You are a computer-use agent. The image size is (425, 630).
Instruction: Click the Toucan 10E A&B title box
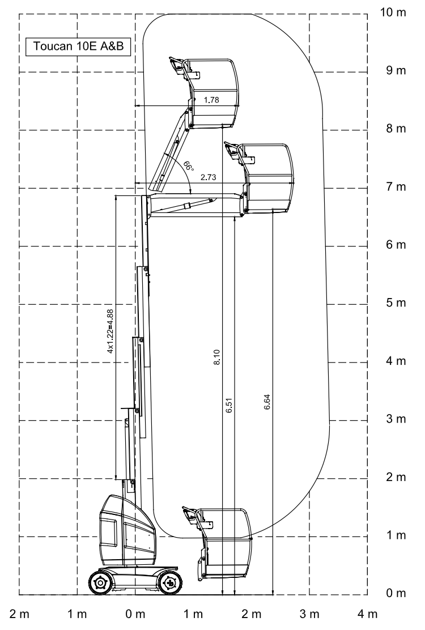click(78, 46)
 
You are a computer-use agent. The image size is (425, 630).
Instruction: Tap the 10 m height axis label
click(393, 12)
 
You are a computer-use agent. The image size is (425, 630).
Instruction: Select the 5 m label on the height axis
click(396, 303)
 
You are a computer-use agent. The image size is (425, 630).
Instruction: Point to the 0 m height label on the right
click(396, 593)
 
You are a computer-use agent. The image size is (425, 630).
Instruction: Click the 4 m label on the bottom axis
click(367, 614)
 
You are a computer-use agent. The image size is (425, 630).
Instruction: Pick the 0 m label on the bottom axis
click(135, 614)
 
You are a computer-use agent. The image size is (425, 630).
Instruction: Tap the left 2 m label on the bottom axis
click(19, 614)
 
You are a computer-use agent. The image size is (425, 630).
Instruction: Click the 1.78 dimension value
click(211, 100)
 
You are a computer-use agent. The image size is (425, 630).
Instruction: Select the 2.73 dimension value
click(209, 177)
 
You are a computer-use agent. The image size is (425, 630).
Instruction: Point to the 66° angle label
click(188, 165)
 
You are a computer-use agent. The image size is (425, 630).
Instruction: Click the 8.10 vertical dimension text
click(217, 357)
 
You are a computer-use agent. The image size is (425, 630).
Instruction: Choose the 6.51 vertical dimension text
click(229, 406)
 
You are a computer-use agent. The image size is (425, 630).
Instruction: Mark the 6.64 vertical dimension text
click(267, 402)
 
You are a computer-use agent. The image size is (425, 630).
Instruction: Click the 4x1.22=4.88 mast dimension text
click(110, 331)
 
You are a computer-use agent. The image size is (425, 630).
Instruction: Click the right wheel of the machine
click(170, 582)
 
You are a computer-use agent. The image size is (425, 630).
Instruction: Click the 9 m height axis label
click(396, 70)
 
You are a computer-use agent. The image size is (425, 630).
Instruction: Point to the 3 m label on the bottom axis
click(309, 614)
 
